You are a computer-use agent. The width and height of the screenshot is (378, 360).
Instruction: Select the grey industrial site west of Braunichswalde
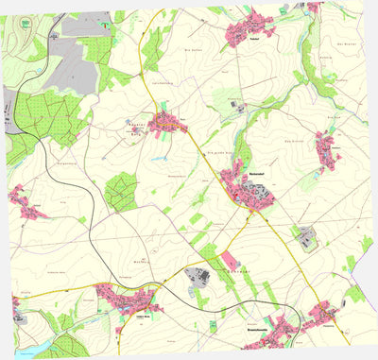pyautogui.click(x=200, y=277)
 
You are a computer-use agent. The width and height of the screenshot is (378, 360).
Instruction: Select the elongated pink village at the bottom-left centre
pyautogui.click(x=123, y=301)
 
